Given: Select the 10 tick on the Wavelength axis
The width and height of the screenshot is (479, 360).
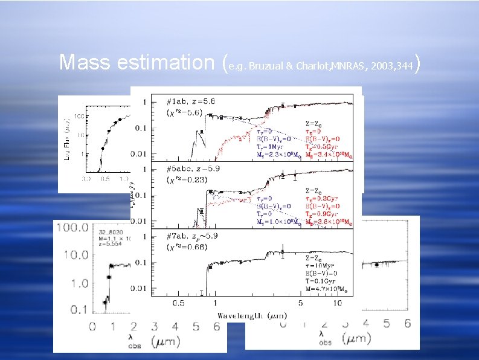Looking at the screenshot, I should coord(338,302).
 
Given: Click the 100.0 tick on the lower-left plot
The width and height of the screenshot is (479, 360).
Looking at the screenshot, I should coord(72,228).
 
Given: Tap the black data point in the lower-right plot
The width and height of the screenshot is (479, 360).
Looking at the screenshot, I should coord(377,265).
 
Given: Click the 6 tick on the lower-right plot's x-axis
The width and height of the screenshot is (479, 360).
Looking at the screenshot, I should coord(407,324).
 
